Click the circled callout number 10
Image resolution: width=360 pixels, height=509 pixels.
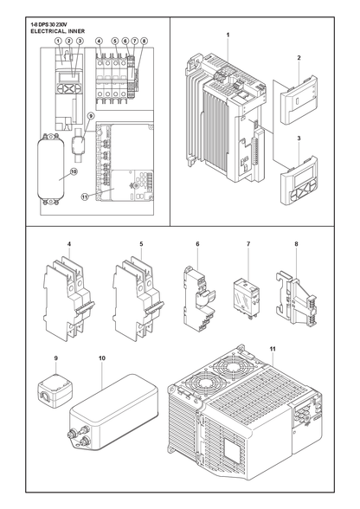[x=74, y=172]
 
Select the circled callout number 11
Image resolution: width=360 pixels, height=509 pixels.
[x=85, y=197]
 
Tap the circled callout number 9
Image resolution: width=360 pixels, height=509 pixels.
[x=91, y=116]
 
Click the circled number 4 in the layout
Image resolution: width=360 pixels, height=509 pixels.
[x=99, y=41]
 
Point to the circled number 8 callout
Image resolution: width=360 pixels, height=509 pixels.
[x=145, y=41]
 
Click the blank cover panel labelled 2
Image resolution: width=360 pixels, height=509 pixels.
[x=298, y=100]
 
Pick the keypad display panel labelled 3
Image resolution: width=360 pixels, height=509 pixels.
[x=299, y=180]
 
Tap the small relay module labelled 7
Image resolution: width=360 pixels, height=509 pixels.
[x=246, y=298]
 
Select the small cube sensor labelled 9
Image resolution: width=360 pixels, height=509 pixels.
[x=55, y=391]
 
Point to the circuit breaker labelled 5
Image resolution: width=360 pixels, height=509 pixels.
[x=138, y=300]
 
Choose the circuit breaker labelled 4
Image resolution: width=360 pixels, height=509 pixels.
[x=69, y=300]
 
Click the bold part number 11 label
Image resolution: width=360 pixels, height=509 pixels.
[x=273, y=349]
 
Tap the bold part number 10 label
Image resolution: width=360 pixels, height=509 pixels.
[x=102, y=358]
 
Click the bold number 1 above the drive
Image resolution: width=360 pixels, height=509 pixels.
[x=228, y=35]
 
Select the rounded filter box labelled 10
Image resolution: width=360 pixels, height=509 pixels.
[x=114, y=412]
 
